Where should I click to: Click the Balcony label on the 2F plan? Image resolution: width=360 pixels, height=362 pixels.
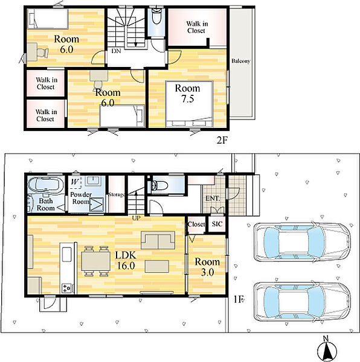coord(241,61)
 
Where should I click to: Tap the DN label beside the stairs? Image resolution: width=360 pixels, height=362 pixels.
coord(116,51)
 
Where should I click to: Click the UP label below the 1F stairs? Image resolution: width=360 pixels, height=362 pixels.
coord(136,218)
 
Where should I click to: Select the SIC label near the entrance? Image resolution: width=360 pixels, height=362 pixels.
coord(217,224)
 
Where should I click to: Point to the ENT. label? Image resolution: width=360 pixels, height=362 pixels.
coord(213,198)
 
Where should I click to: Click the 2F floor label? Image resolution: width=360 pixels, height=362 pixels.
coord(222,140)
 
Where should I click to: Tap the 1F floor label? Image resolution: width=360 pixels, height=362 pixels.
coord(239,299)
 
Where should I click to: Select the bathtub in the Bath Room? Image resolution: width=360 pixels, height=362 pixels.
coord(46,184)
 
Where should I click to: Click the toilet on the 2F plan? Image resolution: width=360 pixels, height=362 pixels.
coord(156,16)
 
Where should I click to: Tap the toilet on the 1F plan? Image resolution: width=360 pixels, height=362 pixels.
coord(159,185)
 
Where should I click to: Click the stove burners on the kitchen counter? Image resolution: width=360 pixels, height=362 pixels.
coord(66,288)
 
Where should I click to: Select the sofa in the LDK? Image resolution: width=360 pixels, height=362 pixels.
coord(158,240)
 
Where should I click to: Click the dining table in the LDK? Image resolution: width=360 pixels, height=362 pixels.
coord(95,261)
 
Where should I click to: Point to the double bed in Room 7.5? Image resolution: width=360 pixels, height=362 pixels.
coord(189,103)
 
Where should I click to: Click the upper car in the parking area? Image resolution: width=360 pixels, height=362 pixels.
coord(302,242)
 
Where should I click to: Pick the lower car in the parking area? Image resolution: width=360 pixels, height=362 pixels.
coord(302,301)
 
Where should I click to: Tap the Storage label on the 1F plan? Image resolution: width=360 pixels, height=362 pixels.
coord(117,194)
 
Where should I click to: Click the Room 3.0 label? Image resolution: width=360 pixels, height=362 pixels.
coord(207,267)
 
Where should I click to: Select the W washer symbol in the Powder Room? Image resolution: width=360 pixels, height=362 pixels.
coord(76,182)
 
